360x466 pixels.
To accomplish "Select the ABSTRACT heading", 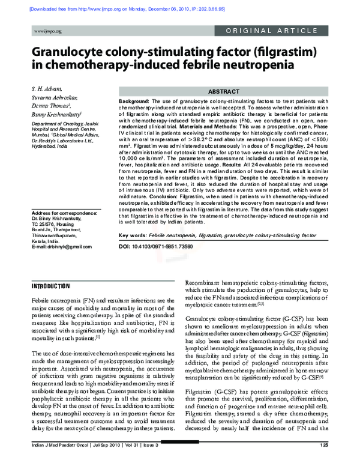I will [x=224, y=91].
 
